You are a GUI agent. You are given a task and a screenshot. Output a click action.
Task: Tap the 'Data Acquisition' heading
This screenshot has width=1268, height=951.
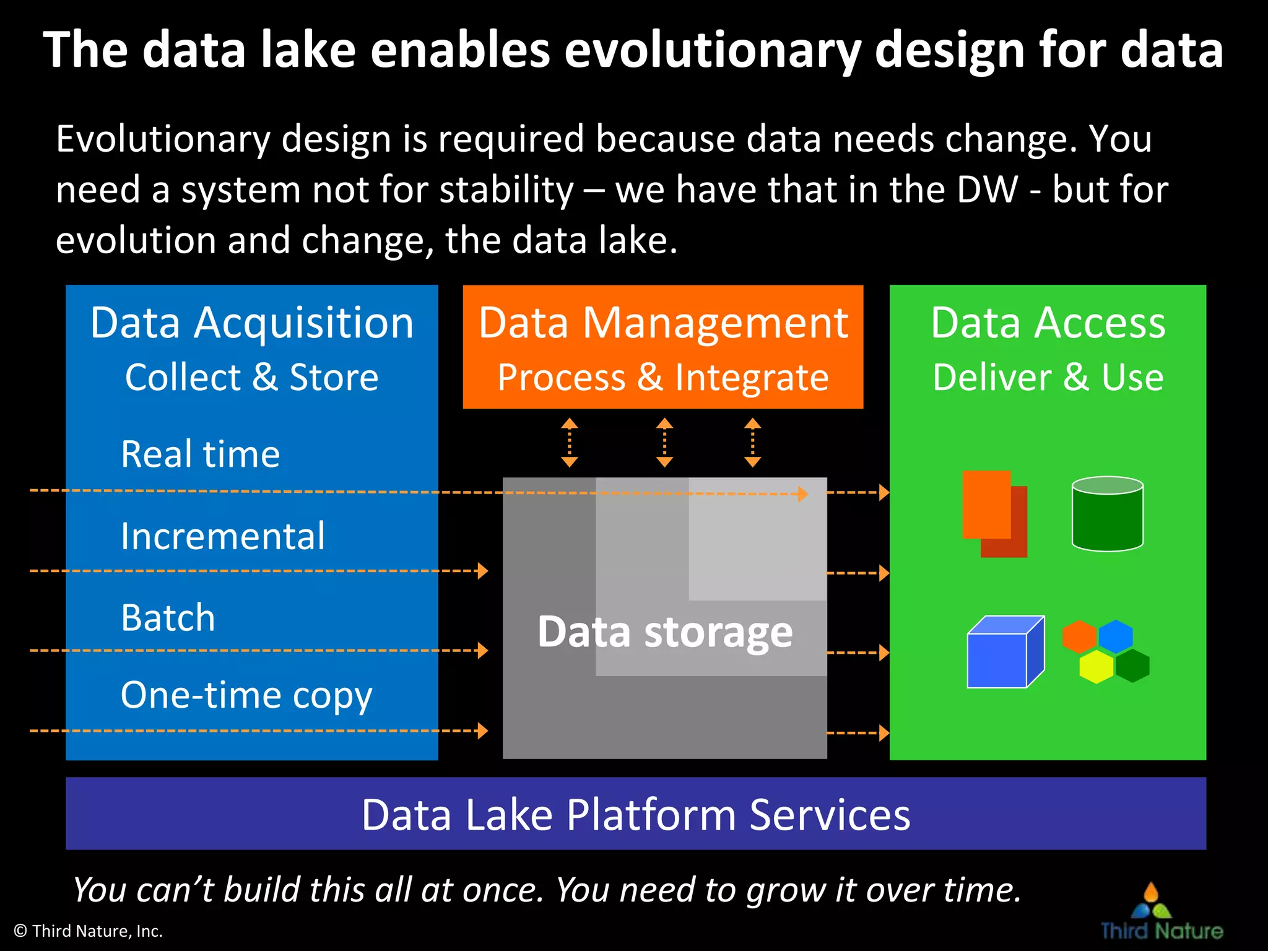point(251,323)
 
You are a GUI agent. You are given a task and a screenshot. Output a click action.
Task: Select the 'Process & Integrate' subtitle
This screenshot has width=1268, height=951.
point(662,378)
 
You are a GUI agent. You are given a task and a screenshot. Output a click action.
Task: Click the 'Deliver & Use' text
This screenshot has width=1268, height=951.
point(1048,378)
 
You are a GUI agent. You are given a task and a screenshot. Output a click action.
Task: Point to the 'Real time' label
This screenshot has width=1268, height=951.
point(200,454)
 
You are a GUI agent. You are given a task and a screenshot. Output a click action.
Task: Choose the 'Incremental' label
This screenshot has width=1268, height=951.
point(222,536)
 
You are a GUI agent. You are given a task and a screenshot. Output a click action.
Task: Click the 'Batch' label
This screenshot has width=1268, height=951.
point(168,618)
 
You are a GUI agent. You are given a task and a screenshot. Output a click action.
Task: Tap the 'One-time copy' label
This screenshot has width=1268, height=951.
point(246,695)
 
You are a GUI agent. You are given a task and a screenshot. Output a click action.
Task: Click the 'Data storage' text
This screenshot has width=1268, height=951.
point(664,632)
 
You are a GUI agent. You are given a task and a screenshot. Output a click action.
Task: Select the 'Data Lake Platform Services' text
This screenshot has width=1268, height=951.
point(635,815)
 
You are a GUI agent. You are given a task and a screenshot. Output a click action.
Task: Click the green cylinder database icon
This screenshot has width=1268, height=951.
point(1107,514)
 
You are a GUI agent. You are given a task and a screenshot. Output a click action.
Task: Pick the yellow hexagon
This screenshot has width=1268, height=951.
point(1096,667)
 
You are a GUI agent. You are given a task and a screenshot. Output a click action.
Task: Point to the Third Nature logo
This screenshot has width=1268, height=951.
point(1160,913)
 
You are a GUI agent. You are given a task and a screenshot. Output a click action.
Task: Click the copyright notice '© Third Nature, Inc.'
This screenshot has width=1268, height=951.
point(88,931)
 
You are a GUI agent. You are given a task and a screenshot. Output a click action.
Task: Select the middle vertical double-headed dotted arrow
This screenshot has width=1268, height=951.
point(664,442)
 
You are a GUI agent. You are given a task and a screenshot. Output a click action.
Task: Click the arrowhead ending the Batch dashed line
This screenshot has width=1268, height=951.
point(483,651)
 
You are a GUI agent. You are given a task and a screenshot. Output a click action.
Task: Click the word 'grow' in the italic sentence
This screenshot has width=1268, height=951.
point(785,890)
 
